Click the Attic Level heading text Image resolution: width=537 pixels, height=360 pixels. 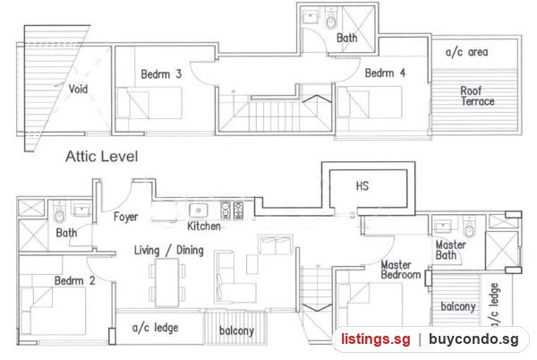point(102,157)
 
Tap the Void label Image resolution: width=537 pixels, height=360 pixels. point(78,89)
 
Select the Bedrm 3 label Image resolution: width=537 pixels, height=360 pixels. point(161,74)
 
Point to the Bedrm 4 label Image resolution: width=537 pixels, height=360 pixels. point(385,73)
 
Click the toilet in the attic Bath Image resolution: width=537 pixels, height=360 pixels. point(331,20)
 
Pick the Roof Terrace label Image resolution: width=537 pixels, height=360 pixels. point(477,96)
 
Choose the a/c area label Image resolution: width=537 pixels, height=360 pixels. point(467,52)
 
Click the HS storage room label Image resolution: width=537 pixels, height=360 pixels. point(362,185)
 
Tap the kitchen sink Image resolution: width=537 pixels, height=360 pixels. point(199,210)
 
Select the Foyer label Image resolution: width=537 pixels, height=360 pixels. point(125,217)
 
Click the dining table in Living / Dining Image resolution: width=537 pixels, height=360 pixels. point(167,282)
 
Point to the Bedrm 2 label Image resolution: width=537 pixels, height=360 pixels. point(74,280)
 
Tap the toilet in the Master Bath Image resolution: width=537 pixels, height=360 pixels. point(470,227)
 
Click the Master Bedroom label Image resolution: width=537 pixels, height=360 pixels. point(401,270)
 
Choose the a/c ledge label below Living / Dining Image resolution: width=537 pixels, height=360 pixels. point(155,328)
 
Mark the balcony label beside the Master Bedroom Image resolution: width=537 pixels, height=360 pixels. point(458,306)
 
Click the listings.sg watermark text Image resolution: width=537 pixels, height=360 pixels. point(376,339)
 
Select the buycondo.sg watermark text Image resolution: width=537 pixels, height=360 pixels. point(474,339)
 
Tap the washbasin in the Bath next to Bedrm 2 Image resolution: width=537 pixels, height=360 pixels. point(81,210)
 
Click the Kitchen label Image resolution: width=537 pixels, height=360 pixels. point(204,226)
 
